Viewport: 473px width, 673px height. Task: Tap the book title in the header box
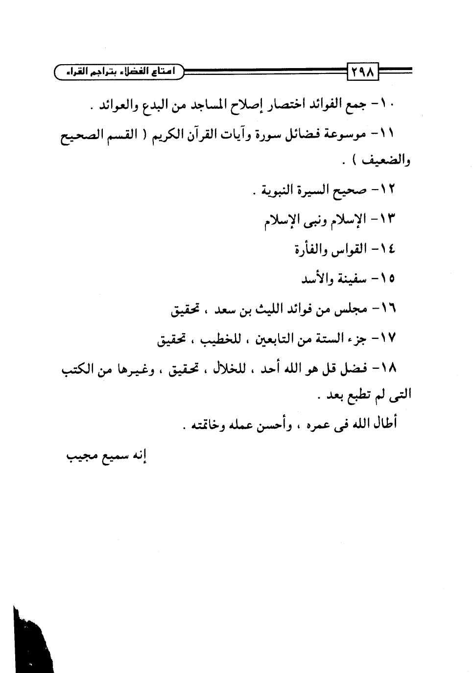119,72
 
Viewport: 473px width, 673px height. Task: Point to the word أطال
383,423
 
